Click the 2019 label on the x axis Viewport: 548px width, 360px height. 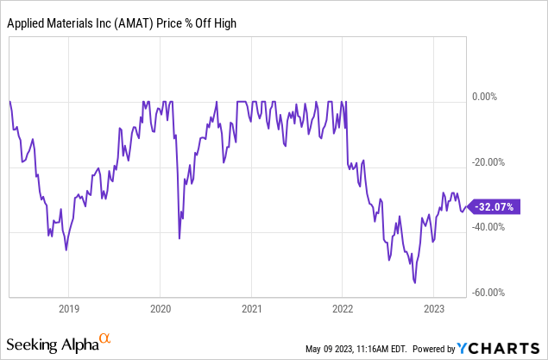click(69, 308)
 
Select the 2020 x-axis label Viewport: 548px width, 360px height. click(161, 308)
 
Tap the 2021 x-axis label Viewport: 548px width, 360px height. click(251, 308)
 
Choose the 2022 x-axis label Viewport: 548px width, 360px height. click(343, 308)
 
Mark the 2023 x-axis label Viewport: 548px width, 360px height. click(433, 308)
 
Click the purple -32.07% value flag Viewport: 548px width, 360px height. click(495, 207)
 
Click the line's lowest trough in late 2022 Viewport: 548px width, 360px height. click(415, 281)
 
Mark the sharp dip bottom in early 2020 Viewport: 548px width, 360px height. click(180, 238)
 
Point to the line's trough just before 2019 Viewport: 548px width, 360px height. click(66, 249)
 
